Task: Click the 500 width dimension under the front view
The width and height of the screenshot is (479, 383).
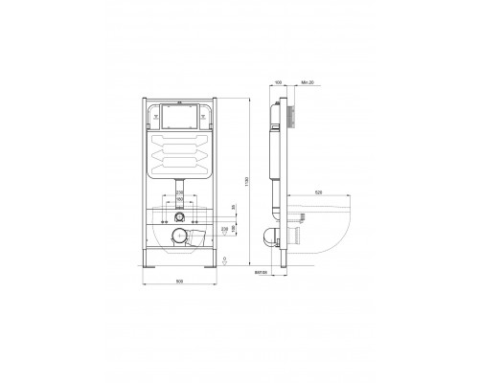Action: [181, 280]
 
